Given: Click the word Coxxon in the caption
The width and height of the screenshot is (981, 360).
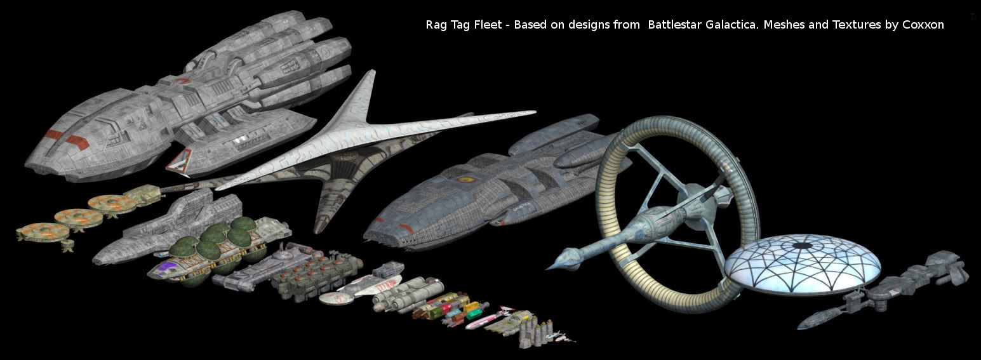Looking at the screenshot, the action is (x=923, y=25).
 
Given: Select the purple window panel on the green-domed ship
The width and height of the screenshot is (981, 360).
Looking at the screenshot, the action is (x=167, y=266).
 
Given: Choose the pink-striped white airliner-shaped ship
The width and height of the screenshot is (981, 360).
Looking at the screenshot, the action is (x=487, y=319).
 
